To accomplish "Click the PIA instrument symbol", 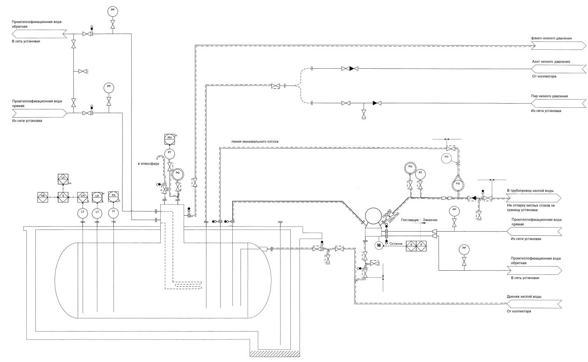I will point(170,139).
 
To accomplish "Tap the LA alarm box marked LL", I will point(63,179).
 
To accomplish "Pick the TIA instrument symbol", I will point(113,196).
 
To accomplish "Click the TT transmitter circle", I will point(113,212).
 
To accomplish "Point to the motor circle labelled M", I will point(379,245).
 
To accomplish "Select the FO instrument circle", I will point(447,157).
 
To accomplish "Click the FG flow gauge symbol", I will point(458,184).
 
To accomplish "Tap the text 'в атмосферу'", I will point(148,164).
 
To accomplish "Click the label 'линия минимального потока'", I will point(255,141).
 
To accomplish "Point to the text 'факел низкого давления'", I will point(551,38).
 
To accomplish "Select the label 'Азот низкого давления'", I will point(551,62).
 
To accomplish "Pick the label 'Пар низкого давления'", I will point(549,96).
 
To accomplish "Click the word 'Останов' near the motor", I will point(396,244).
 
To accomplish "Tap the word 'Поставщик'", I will point(410,220).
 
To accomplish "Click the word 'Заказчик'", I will point(430,220).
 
